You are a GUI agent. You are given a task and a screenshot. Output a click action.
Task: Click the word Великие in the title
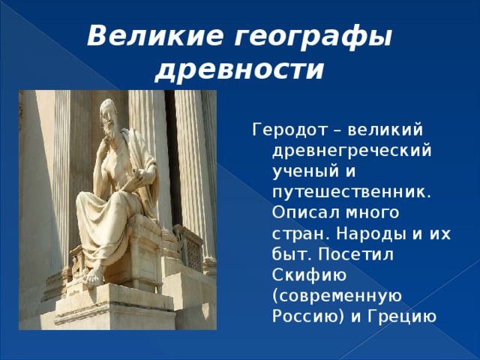coord(155,37)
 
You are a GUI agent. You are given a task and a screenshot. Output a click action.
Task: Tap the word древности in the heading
coord(239,70)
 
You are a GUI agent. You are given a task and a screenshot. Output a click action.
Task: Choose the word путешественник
coord(352,193)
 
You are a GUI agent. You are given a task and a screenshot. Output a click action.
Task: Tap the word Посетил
coord(355,253)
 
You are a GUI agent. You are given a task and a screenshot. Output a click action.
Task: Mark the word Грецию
coord(402,317)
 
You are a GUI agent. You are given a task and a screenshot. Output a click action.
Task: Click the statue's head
coord(108,114)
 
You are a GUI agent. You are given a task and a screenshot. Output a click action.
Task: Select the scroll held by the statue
coord(132,180)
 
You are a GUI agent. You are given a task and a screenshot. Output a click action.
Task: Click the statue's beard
coord(111,129)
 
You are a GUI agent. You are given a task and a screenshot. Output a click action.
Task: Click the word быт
coord(292,254)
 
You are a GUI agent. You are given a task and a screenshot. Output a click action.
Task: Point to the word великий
coord(385,130)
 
